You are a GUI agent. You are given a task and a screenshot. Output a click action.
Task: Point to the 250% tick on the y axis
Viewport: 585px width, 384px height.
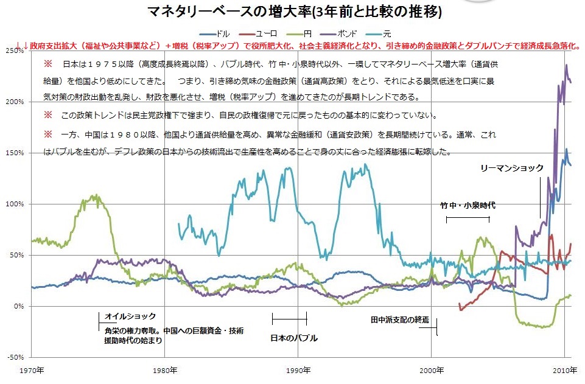15,51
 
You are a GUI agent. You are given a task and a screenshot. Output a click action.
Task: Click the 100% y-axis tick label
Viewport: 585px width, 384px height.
15,204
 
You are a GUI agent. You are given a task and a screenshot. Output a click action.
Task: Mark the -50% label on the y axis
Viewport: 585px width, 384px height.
15,357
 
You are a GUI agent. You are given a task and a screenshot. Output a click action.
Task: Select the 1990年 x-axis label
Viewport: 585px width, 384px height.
298,369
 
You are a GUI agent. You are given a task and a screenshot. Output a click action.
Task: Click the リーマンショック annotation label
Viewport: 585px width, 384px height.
511,168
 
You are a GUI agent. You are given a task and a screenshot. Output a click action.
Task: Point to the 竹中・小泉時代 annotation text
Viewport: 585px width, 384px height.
467,206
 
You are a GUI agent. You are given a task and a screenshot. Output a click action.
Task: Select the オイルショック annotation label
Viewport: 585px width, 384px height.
130,316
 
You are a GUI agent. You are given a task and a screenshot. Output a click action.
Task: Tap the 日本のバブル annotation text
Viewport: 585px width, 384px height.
294,338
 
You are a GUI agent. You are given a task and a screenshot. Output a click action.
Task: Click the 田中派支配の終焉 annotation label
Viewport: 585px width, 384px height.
400,319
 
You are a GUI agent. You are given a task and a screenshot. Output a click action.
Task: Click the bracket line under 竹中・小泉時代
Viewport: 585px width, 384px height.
468,218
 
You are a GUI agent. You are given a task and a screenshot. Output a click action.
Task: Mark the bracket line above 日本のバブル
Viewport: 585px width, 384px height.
289,318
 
